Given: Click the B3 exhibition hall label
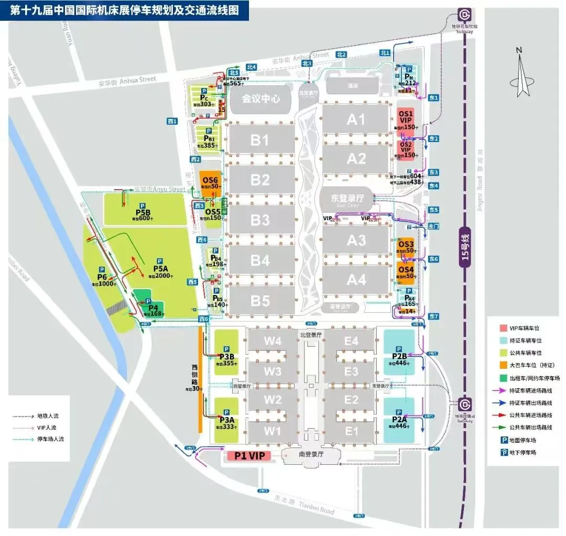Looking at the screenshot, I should click(x=259, y=220).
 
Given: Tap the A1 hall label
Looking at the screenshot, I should click(x=356, y=119).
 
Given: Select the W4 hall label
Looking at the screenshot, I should click(x=273, y=341).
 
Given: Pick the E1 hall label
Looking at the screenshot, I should click(x=352, y=431).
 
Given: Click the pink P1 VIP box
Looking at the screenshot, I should click(x=249, y=456).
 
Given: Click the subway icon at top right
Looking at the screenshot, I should click(x=464, y=14).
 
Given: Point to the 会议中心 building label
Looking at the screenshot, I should click(x=260, y=98).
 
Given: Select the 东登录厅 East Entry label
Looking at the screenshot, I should click(x=345, y=199).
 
